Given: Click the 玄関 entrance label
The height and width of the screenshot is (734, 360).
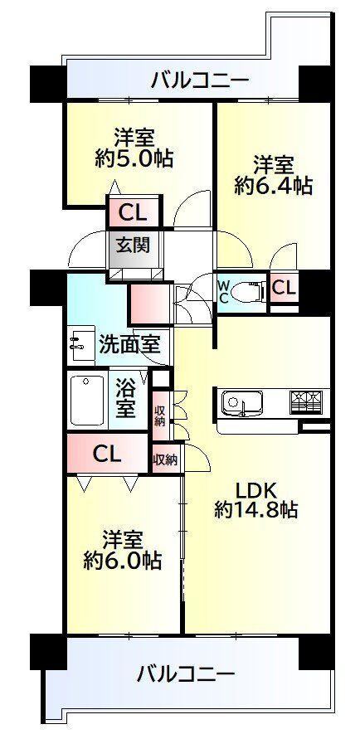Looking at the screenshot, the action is coord(133,245).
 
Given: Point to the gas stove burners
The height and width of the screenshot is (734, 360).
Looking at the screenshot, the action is coord(306,401).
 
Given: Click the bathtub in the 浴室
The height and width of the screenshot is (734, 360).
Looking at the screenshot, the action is coord(88,401).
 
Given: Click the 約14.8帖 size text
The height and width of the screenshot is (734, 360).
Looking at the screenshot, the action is coord(255,510).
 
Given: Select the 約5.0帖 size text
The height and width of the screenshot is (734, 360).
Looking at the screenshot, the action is coord(134,158).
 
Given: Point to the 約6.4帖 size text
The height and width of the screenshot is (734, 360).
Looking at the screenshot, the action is coord(274,186).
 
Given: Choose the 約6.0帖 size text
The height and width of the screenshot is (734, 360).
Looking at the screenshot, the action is coord(123,559).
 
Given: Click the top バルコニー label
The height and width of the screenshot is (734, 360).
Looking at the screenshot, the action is coord(199,81).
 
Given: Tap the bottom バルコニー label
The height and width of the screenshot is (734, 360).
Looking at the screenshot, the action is coord(185,674).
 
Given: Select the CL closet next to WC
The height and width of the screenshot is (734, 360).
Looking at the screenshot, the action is coord(284,288).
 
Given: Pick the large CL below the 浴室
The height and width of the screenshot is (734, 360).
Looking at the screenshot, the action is coord(107,454).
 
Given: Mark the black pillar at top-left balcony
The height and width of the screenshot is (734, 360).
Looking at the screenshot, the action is coord(48,84).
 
